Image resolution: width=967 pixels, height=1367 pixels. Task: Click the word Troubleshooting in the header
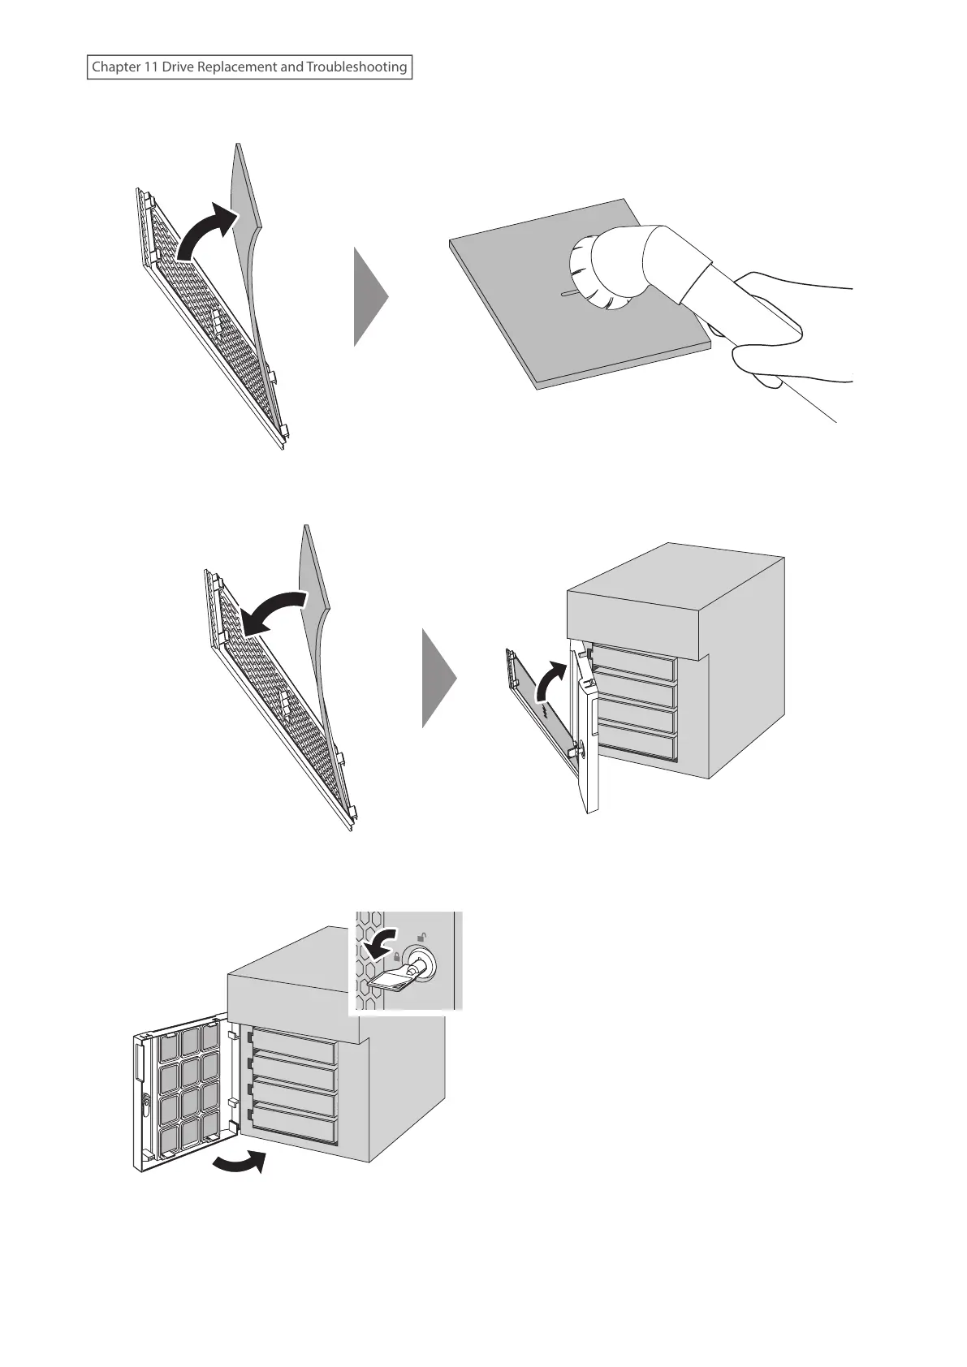tap(356, 67)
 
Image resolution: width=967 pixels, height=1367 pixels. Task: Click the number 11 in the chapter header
tap(150, 67)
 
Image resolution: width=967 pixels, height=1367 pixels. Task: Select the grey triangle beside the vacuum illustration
tap(370, 297)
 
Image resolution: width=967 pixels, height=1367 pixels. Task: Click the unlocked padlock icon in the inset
tap(421, 936)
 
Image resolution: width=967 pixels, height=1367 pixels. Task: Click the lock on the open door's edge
tap(145, 1103)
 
